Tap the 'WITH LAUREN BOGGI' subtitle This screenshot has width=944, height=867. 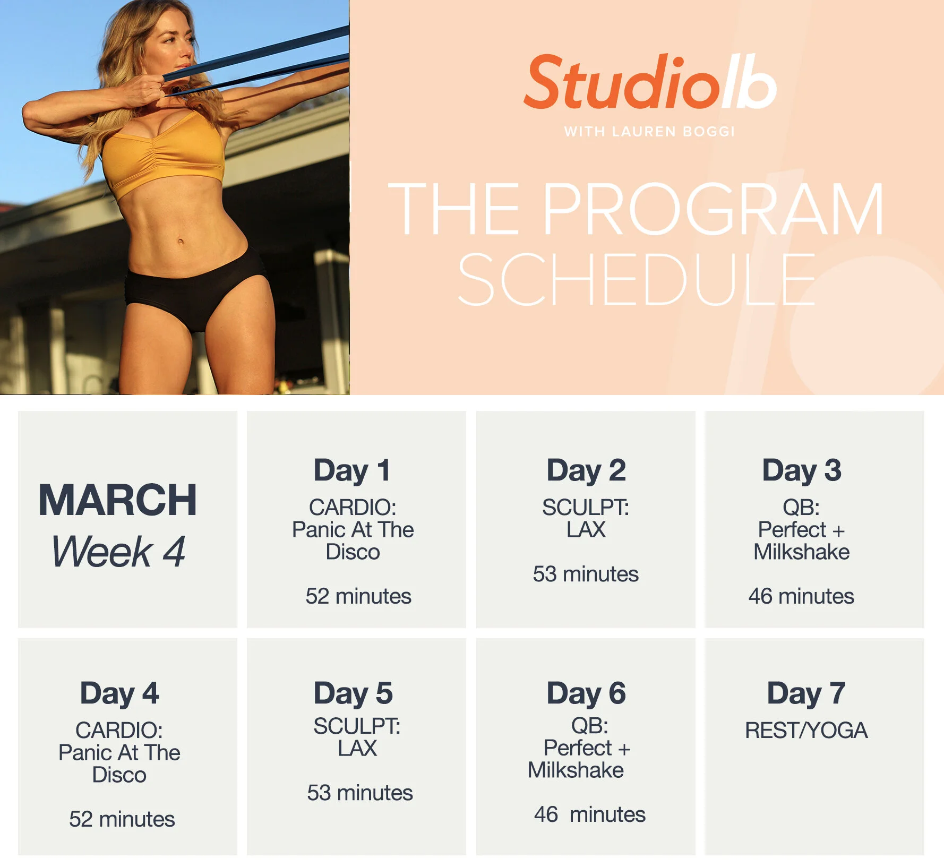[649, 132]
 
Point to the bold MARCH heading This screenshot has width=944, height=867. [118, 500]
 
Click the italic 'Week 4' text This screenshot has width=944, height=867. [118, 552]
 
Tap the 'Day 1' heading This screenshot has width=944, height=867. [353, 470]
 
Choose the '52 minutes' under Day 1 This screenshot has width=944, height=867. [358, 596]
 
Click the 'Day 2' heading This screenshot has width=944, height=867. [586, 470]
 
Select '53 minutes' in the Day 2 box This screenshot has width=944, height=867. [586, 574]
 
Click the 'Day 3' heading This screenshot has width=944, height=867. [802, 470]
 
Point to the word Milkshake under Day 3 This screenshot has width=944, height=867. [801, 552]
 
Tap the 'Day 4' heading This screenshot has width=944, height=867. [119, 693]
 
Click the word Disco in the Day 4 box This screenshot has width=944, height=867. [119, 775]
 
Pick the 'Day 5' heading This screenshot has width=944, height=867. [353, 693]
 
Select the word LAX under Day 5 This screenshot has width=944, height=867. [357, 749]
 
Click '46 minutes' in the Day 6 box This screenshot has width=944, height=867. [589, 814]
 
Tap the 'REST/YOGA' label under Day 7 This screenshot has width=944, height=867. [806, 731]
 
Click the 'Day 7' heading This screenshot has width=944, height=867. [806, 693]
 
